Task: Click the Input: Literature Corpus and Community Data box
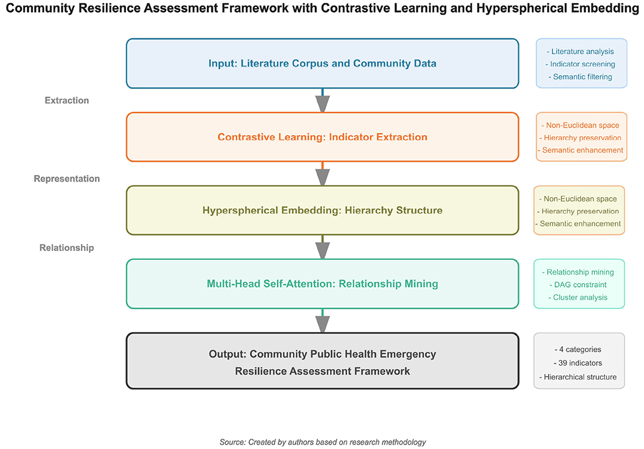322,63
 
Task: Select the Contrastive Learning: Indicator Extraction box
322,137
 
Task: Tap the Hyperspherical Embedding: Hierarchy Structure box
322,210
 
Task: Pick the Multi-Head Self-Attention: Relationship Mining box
322,284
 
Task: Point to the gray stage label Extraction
67,100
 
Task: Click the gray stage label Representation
67,179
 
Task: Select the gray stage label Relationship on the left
67,248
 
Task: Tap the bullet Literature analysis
581,51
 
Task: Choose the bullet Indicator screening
581,64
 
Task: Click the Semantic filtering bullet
581,76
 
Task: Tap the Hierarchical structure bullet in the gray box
578,377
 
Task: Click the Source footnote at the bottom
323,442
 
